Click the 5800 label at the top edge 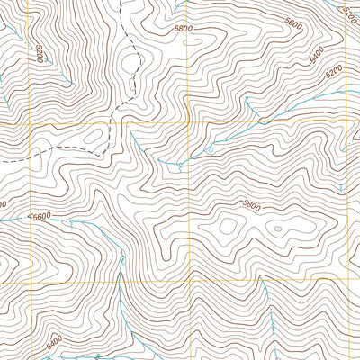(x=184, y=29)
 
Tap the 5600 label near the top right (x=292, y=24)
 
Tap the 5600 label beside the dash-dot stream (x=40, y=217)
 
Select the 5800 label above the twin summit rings (x=251, y=206)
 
